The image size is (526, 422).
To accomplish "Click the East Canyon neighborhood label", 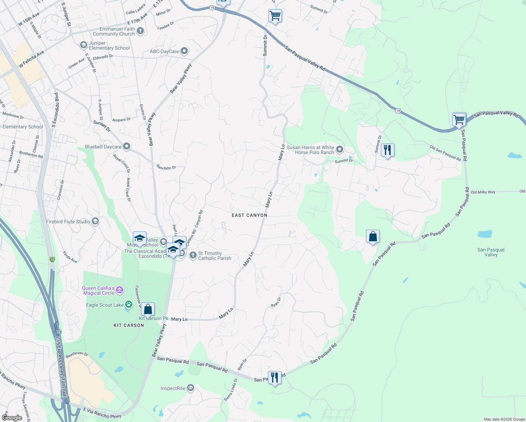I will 249,215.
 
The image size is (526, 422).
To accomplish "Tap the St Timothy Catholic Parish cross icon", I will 193,255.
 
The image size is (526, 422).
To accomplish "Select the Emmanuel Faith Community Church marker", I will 140,31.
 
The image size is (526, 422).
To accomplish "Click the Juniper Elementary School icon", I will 84,45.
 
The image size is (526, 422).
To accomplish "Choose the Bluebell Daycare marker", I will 127,146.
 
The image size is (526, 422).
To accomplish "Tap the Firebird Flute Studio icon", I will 95,221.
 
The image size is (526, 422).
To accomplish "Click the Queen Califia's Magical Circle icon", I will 120,290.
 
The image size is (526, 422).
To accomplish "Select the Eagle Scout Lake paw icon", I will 129,305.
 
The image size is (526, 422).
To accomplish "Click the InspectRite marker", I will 191,388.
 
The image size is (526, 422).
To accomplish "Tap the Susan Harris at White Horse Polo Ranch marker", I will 340,150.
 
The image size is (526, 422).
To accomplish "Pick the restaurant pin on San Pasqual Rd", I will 275,378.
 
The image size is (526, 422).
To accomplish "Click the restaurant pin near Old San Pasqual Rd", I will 387,150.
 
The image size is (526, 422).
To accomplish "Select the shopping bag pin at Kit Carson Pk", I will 148,309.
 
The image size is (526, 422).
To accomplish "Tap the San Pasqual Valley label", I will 491,252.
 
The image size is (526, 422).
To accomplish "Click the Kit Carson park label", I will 129,325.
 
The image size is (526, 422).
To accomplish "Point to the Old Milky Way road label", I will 483,192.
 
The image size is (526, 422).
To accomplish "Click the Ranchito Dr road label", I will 166,167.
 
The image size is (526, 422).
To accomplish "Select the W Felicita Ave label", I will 31,59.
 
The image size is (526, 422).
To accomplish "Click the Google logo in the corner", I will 12,418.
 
